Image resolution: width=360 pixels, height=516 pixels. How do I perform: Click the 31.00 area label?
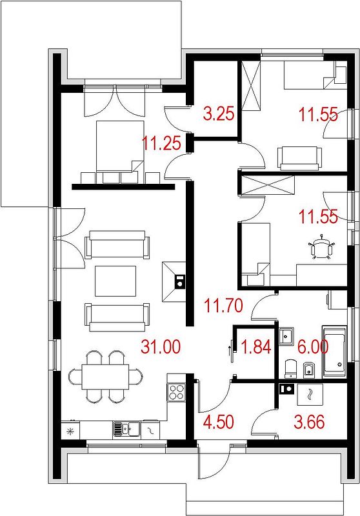tap(161, 347)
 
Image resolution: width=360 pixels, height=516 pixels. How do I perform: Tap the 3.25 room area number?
tap(219, 114)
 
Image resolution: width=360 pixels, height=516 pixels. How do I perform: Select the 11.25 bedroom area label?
tap(161, 143)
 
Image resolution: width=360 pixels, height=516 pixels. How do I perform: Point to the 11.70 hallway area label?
tap(223, 305)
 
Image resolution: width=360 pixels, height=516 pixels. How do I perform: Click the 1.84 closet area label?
tap(256, 347)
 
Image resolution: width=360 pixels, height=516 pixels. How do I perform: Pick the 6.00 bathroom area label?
tap(312, 347)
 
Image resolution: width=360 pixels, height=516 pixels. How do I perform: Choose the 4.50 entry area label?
tap(219, 422)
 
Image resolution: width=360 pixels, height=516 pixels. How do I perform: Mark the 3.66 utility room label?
tap(309, 422)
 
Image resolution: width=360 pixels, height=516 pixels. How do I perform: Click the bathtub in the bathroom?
tap(334, 351)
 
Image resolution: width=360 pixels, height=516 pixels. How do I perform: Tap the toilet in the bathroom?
tap(290, 368)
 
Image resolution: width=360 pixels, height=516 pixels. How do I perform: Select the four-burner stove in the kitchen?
tap(176, 392)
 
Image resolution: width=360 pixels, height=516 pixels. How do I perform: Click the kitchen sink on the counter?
tap(126, 429)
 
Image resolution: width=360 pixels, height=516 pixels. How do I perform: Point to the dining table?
tap(105, 377)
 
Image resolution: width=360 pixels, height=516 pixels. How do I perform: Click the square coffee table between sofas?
tap(115, 281)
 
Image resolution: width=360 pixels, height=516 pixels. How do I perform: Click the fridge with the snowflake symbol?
tap(70, 430)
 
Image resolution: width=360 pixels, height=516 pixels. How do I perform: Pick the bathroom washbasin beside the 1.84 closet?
tap(286, 336)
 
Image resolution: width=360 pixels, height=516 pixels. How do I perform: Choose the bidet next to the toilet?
tap(308, 369)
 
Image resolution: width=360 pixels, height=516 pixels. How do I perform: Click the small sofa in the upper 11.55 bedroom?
tap(300, 158)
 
